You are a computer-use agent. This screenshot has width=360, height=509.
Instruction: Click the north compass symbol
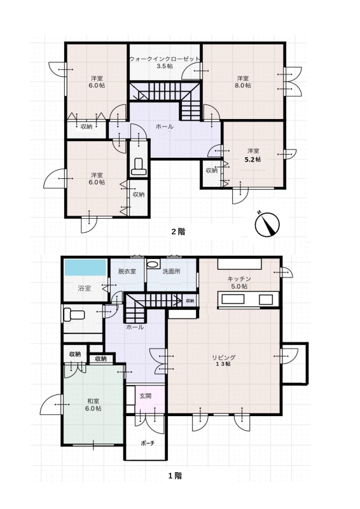click(x=267, y=225)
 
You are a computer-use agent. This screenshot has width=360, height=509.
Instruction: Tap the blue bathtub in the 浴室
click(x=86, y=267)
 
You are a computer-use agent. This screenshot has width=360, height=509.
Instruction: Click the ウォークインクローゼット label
click(x=165, y=59)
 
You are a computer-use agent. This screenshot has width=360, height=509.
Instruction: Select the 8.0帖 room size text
click(x=243, y=85)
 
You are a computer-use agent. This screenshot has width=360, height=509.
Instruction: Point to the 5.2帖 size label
click(x=253, y=160)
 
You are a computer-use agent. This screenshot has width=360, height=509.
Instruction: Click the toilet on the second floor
click(x=139, y=166)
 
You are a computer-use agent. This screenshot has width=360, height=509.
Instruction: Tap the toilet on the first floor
click(x=74, y=314)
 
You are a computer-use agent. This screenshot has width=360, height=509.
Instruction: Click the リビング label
click(x=224, y=357)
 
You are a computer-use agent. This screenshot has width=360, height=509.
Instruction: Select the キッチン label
click(x=239, y=279)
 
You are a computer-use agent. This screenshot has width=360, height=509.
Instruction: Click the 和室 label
click(x=93, y=401)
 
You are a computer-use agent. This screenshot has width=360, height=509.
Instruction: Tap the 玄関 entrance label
click(x=146, y=396)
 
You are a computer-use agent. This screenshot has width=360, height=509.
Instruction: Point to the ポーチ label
click(x=148, y=443)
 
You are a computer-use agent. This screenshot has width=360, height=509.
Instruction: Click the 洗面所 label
click(x=171, y=271)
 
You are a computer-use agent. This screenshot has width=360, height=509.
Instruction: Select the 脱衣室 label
click(x=127, y=271)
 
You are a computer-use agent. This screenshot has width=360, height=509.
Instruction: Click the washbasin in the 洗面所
click(x=152, y=263)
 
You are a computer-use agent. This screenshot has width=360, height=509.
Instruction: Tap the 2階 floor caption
click(x=178, y=232)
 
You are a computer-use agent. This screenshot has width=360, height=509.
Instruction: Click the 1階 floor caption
click(x=175, y=476)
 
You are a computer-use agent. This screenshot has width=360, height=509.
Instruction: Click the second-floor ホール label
click(x=165, y=126)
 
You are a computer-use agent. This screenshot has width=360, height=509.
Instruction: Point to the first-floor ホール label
click(x=135, y=327)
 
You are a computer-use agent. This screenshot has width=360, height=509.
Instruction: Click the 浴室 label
click(x=85, y=288)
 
